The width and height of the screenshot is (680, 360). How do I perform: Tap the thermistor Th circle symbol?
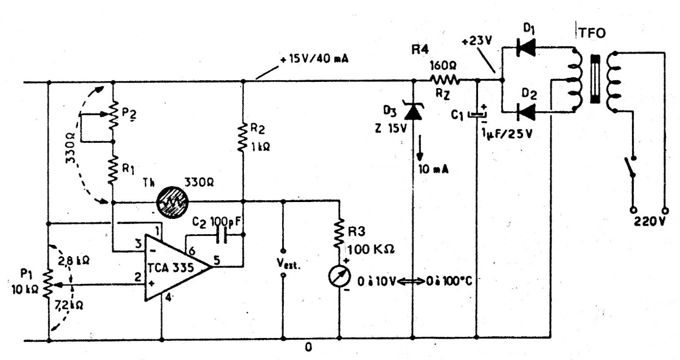tap(172, 202)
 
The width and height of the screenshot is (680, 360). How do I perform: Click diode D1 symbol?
tap(526, 47)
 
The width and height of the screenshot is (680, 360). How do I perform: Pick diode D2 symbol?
tap(526, 112)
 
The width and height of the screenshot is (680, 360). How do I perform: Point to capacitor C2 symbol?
tap(222, 235)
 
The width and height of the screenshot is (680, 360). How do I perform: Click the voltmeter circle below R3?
tap(339, 276)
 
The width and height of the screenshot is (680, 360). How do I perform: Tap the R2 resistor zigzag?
tap(243, 137)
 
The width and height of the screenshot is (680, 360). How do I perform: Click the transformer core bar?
tap(595, 79)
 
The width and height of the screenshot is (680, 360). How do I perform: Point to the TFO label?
tap(592, 33)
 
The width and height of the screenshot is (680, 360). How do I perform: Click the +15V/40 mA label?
tap(314, 59)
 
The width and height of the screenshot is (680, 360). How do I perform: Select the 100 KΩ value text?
tap(371, 249)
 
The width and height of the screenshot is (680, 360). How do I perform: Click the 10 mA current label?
tap(433, 169)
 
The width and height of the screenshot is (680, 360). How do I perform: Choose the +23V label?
tap(477, 41)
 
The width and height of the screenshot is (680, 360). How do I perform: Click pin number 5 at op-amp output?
tap(217, 260)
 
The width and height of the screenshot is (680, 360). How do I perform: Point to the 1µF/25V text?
tap(507, 134)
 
